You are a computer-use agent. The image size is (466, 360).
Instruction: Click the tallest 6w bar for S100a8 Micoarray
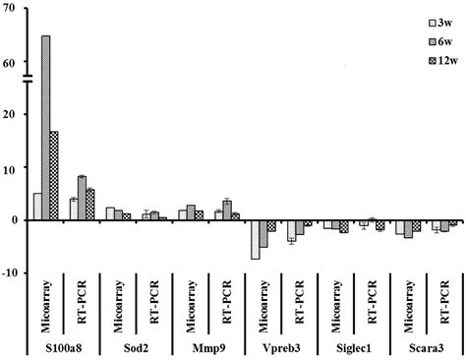pyautogui.click(x=46, y=128)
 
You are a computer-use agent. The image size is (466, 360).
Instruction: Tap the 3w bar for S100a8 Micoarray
pyautogui.click(x=37, y=207)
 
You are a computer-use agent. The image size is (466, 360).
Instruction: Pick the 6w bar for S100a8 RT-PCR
pyautogui.click(x=82, y=198)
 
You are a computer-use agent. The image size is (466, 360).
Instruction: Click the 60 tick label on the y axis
pyautogui.click(x=8, y=62)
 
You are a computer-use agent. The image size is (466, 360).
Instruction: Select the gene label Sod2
pyautogui.click(x=136, y=347)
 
